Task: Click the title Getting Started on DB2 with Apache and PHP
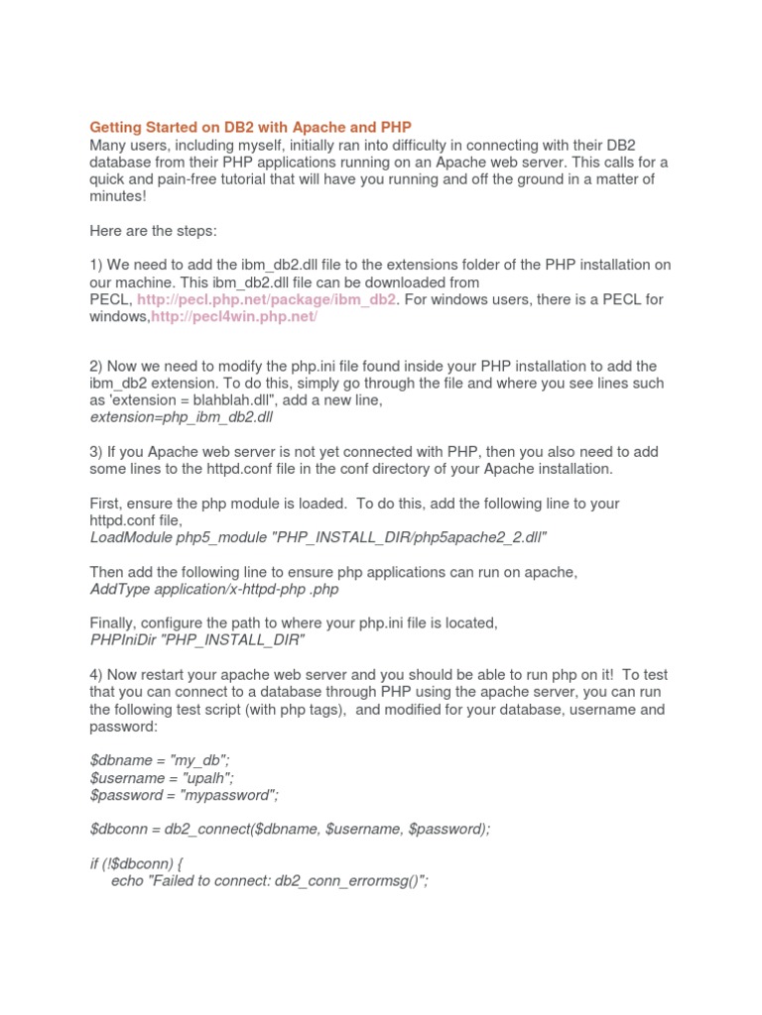point(250,127)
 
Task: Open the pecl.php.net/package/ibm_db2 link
point(267,299)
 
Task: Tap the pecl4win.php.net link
point(234,316)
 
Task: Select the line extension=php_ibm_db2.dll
point(181,417)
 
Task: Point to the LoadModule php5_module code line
point(318,537)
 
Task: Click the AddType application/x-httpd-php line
point(214,589)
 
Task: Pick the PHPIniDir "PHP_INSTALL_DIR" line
point(196,640)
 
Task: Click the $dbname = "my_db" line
point(161,760)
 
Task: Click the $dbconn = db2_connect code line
point(290,829)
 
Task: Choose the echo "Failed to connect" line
point(270,880)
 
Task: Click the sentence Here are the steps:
point(153,230)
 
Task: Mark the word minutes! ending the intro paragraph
point(117,196)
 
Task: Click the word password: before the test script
point(123,727)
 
